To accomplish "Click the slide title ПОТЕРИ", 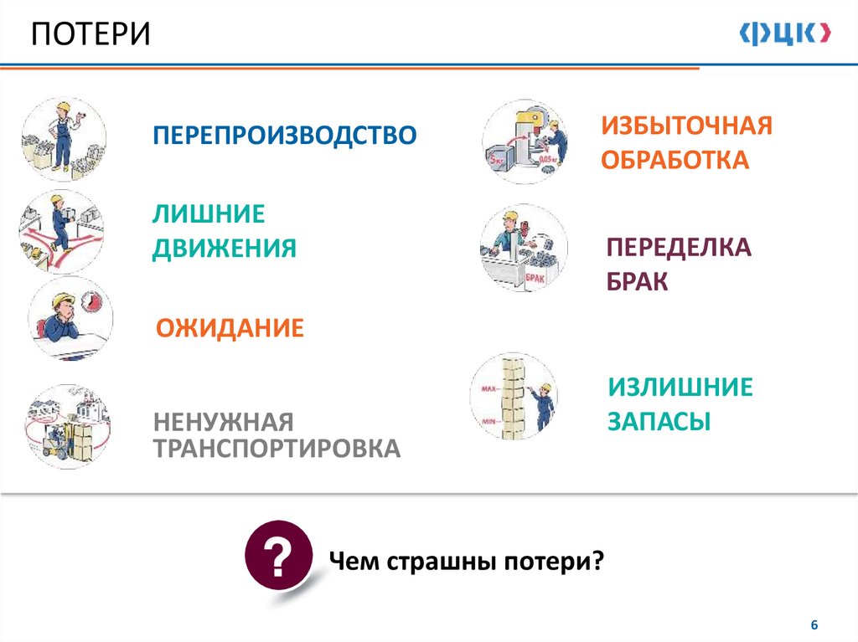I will tap(91, 35).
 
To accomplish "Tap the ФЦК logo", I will tap(785, 34).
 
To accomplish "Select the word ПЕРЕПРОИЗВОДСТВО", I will tap(284, 135).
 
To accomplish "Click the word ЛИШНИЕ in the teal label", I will tap(208, 215).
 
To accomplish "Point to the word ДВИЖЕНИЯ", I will tap(224, 249).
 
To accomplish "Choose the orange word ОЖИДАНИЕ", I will tap(230, 327).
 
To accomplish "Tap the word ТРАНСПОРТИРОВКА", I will tap(276, 449).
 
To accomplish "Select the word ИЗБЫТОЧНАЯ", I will tap(686, 126).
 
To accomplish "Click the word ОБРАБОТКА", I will tap(674, 160).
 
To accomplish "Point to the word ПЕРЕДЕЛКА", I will tap(679, 248).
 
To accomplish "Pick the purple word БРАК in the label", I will tap(638, 281).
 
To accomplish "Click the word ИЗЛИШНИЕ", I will tap(680, 388).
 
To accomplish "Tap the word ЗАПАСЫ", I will tap(659, 421).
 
